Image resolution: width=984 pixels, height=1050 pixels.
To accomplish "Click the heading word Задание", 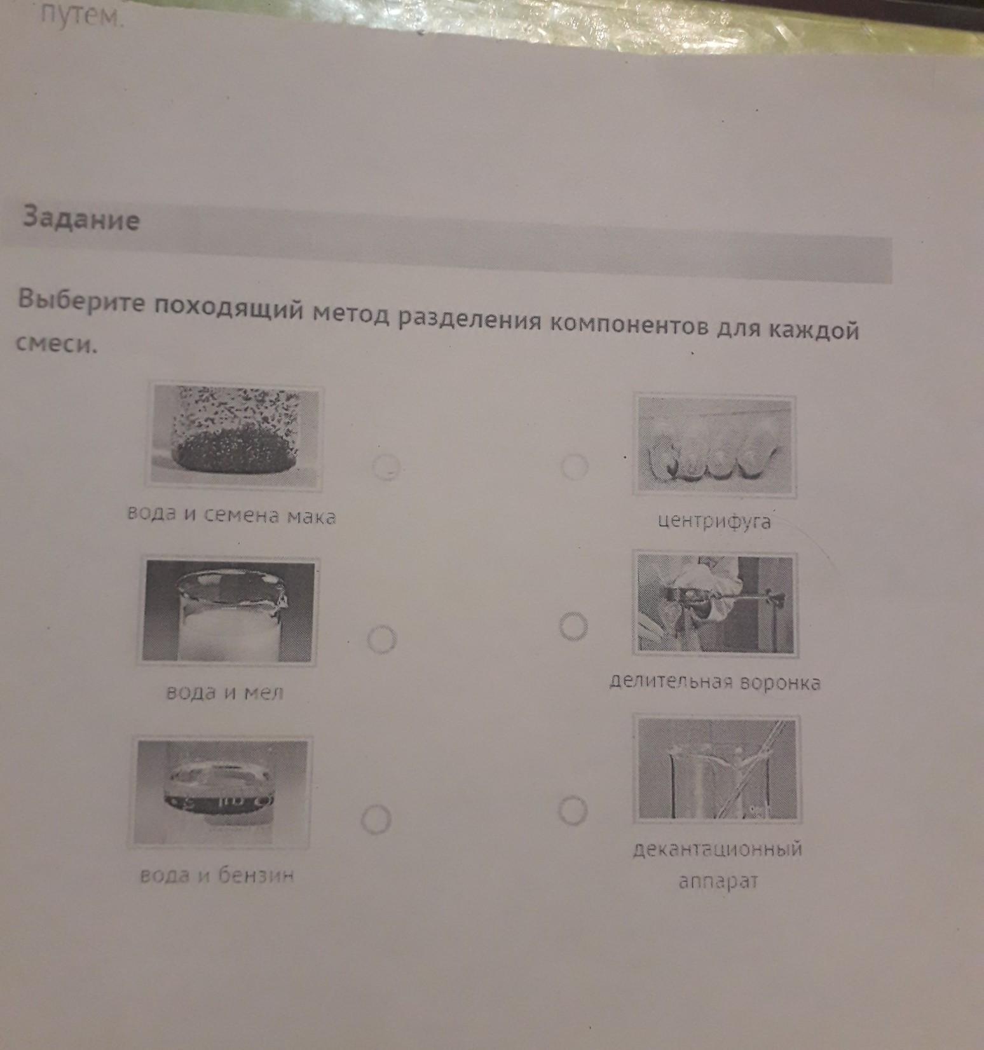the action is click(80, 219).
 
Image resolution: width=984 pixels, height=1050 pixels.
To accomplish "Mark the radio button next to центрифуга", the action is click(575, 467).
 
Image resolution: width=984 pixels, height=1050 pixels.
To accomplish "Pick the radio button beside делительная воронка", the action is click(573, 627).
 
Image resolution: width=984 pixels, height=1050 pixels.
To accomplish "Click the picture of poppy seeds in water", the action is click(235, 435).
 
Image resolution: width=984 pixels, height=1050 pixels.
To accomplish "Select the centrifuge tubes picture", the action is click(716, 446).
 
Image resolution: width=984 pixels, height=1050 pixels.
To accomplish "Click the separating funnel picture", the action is click(715, 604).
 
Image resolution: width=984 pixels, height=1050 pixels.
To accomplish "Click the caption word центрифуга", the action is click(714, 522).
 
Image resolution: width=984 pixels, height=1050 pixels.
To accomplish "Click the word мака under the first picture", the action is click(311, 516).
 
